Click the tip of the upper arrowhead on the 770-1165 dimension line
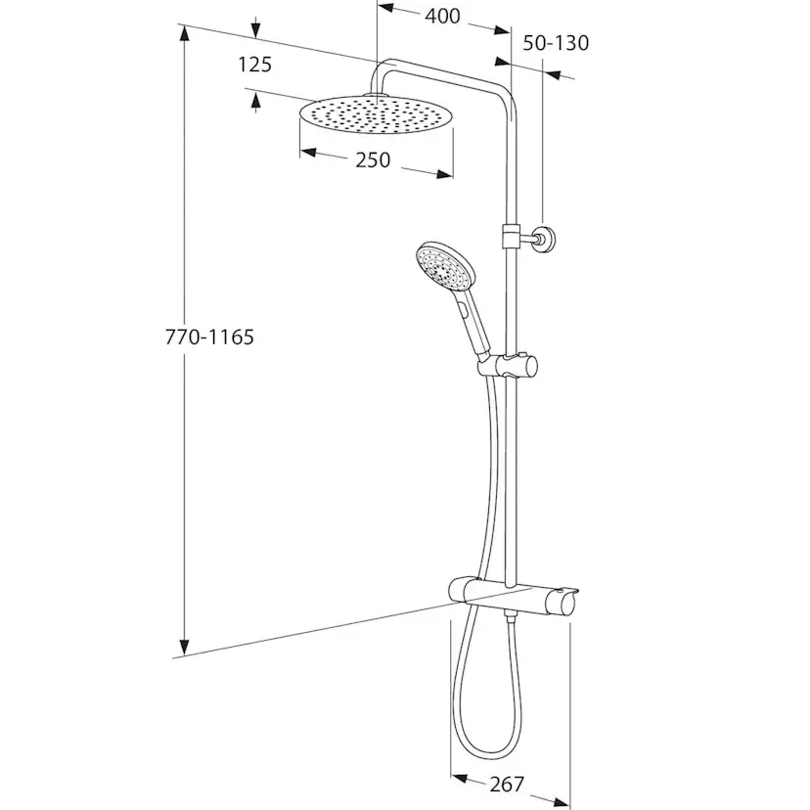184,25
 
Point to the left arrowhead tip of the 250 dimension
300,152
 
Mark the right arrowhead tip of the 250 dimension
453,176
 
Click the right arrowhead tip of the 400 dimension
510,32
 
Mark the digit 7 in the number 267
517,785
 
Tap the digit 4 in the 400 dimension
431,17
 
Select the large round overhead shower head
376,114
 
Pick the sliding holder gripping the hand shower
508,366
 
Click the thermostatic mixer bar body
513,597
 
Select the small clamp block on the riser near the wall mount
511,236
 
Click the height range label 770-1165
209,337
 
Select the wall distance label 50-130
556,43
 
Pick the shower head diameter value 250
373,160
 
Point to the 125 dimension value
254,65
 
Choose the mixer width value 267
507,785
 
